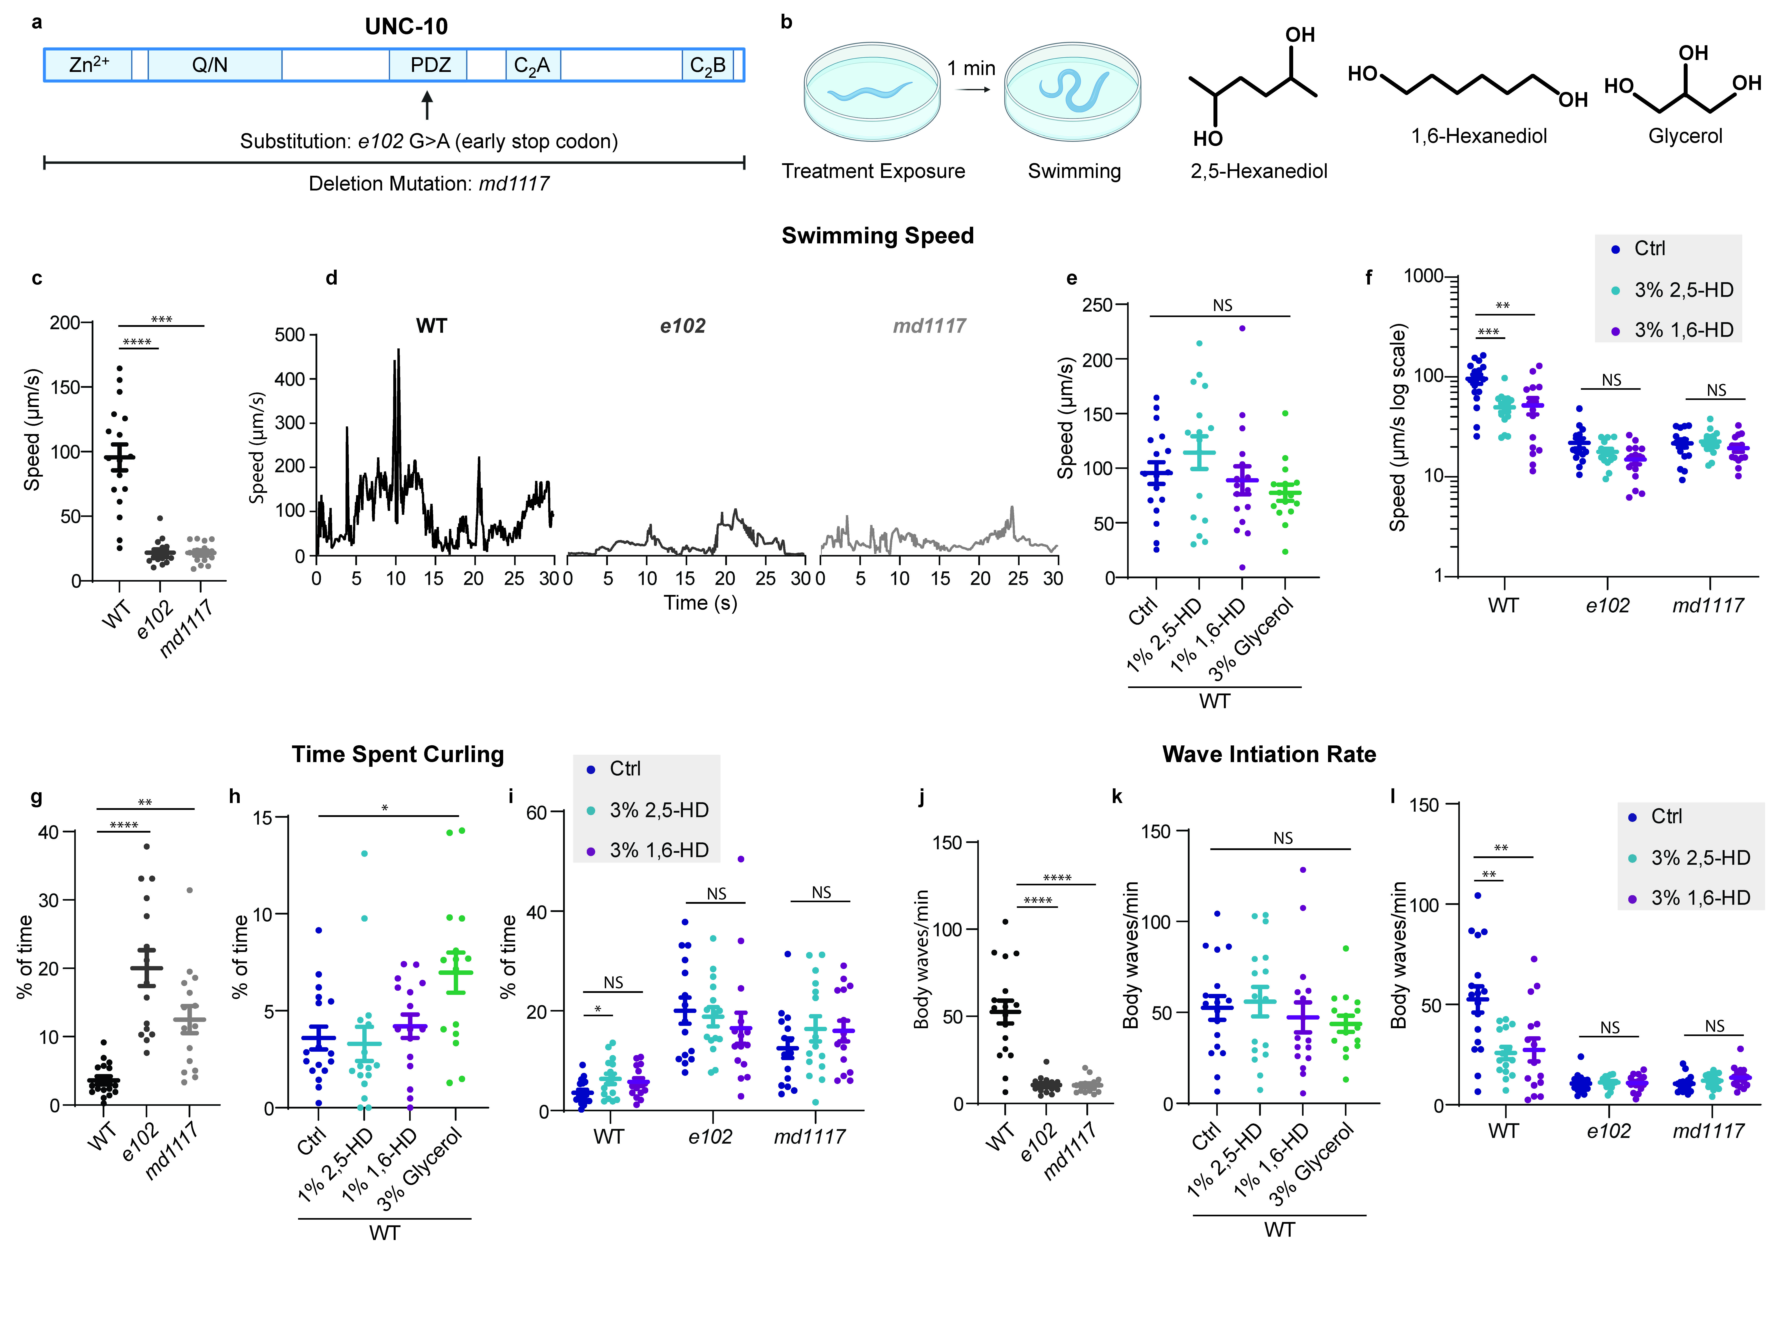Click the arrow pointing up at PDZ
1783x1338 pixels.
point(427,105)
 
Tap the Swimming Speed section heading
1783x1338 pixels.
point(878,236)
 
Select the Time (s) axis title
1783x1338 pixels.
point(701,603)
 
